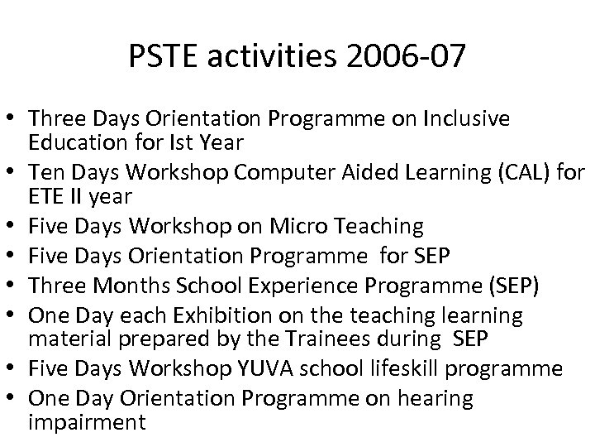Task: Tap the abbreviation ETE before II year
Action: pos(46,197)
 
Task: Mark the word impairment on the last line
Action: pos(87,421)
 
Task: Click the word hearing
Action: pos(432,398)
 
